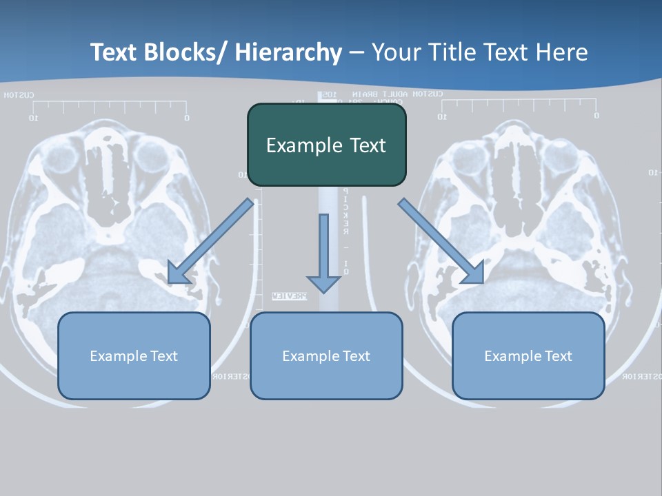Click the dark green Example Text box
pos(326,145)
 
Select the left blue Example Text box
pos(134,355)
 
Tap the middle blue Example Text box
pos(326,355)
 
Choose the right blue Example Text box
pos(528,355)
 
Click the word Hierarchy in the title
pos(288,52)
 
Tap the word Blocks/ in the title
pos(186,52)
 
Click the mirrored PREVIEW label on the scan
pos(289,296)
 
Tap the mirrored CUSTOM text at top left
pos(19,95)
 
